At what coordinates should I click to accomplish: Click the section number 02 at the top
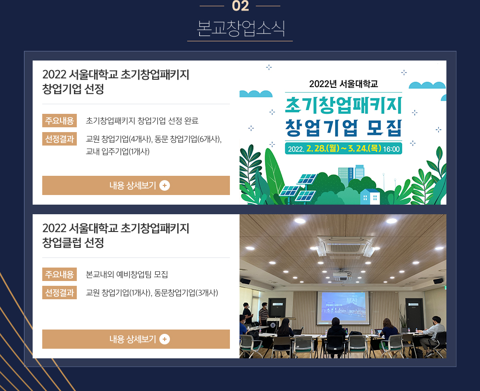coord(240,6)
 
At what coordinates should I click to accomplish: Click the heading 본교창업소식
coord(240,28)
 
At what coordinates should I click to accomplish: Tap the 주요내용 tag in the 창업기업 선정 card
coord(60,121)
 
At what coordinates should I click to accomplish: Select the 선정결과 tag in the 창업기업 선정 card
coord(60,139)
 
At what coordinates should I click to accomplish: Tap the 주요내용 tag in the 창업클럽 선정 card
coord(60,274)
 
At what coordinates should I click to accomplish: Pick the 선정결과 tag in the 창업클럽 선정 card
coord(60,293)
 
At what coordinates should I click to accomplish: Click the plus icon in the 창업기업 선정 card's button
coord(165,185)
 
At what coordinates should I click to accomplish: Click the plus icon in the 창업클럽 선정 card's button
coord(165,339)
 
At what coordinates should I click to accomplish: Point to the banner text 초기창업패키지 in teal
coord(344,105)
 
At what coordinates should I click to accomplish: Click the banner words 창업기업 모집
coord(344,127)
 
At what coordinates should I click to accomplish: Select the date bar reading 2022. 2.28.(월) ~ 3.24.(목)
coord(344,148)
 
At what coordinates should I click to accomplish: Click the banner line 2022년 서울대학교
coord(344,84)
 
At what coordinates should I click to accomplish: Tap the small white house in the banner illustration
coord(370,196)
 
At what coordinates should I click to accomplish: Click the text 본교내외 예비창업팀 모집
coord(127,274)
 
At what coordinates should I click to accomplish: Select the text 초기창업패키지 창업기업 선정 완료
coord(142,121)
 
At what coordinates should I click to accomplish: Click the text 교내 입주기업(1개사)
coord(118,151)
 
